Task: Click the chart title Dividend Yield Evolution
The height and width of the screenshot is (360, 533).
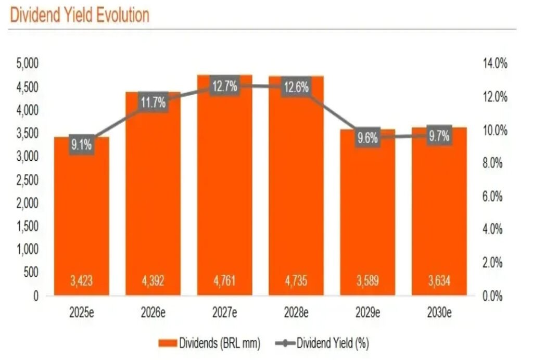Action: (x=80, y=15)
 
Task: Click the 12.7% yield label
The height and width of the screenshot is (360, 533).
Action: (x=224, y=86)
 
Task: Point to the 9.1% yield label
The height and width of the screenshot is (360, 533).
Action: (x=81, y=146)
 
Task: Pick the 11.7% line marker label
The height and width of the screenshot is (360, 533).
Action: (x=153, y=102)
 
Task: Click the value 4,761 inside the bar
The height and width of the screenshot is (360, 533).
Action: (x=224, y=281)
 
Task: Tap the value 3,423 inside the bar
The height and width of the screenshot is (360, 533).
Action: (x=81, y=281)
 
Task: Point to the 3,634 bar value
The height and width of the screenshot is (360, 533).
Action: (x=439, y=281)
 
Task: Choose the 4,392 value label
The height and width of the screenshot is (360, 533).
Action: (x=153, y=281)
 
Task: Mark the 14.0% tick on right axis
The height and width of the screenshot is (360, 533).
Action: (x=495, y=64)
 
